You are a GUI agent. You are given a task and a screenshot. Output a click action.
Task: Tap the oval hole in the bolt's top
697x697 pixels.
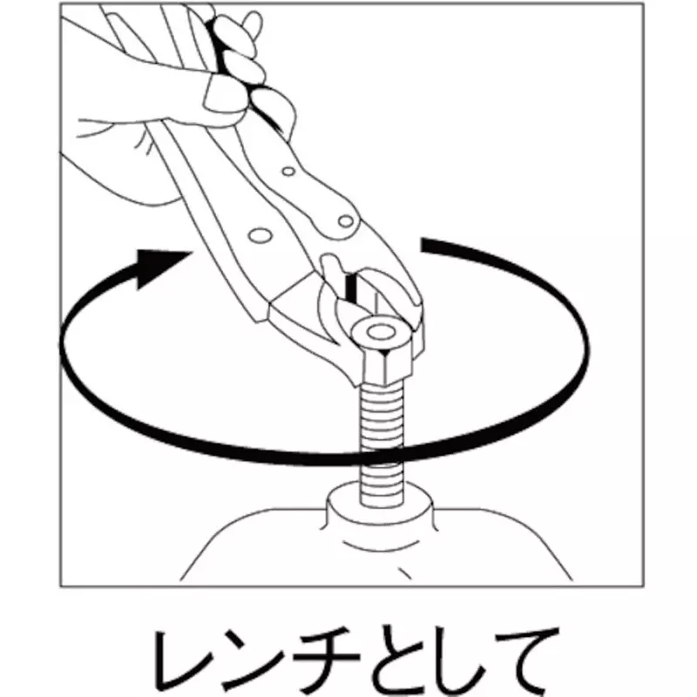pos(381,331)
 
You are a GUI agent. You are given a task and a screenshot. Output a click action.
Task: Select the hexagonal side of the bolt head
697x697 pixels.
pos(384,362)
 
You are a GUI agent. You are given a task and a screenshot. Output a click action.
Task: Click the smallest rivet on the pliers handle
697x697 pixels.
pos(288,171)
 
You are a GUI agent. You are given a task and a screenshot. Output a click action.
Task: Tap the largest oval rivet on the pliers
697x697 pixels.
pos(260,235)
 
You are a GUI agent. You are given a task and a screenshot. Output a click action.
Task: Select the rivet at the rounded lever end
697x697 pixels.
pos(345,220)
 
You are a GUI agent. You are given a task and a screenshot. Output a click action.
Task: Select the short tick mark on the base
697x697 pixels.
pos(404,573)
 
